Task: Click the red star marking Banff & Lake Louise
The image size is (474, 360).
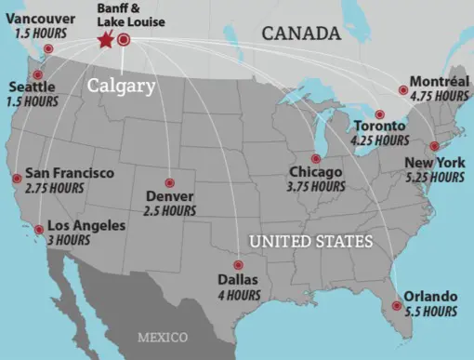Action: [105, 40]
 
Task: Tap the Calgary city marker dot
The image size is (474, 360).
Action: [123, 39]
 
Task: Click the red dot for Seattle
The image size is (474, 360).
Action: [38, 74]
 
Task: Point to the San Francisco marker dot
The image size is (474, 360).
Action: [17, 178]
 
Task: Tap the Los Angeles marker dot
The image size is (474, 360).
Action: [38, 229]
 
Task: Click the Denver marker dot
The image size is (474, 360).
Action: [168, 182]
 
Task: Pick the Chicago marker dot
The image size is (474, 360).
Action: [316, 158]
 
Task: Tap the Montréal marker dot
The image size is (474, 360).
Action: [402, 90]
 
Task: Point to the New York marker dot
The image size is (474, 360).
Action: [433, 146]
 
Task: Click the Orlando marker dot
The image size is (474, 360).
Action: [397, 305]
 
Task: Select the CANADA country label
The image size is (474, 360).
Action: [300, 33]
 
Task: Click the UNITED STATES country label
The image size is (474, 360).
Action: [310, 242]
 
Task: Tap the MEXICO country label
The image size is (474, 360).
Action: [162, 335]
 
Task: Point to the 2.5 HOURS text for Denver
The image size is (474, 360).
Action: [170, 211]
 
